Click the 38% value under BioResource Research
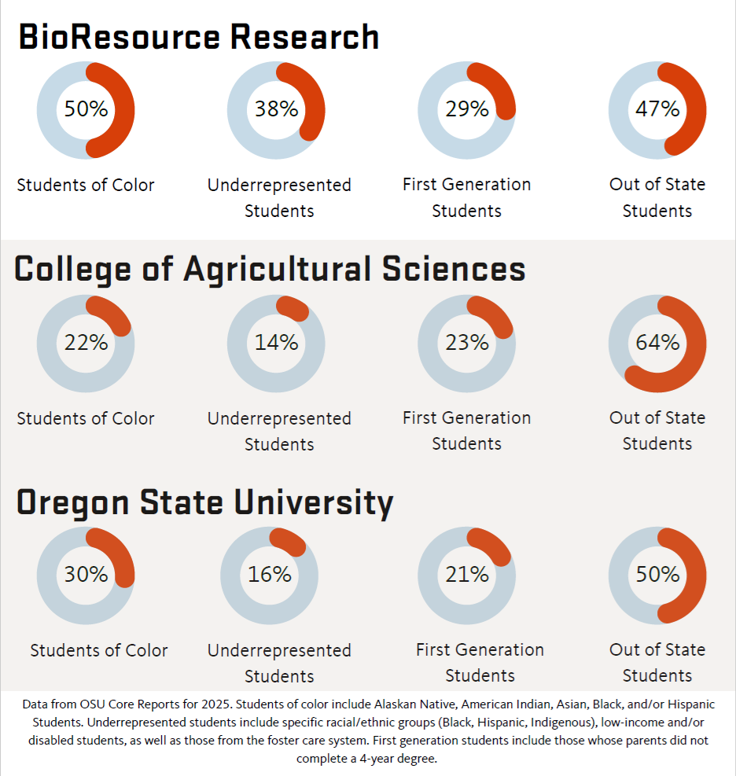(x=276, y=109)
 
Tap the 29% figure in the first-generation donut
(x=466, y=109)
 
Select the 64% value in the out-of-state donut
(x=657, y=343)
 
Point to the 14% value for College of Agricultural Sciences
(x=276, y=343)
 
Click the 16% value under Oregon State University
(x=269, y=575)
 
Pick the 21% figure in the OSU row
(x=466, y=575)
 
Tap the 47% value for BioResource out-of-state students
(x=657, y=109)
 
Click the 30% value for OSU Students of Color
(x=86, y=575)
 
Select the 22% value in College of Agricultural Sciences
(x=86, y=343)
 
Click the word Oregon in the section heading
(x=72, y=502)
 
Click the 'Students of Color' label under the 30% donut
(x=99, y=651)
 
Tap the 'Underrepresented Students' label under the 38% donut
(x=279, y=197)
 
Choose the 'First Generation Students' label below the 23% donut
(x=466, y=430)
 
